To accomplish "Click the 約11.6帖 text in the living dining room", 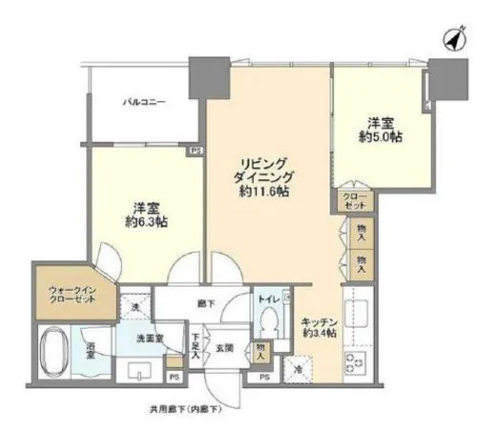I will pyautogui.click(x=264, y=192).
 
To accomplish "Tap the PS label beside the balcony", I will pyautogui.click(x=195, y=150).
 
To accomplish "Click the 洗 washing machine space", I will pyautogui.click(x=134, y=306).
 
